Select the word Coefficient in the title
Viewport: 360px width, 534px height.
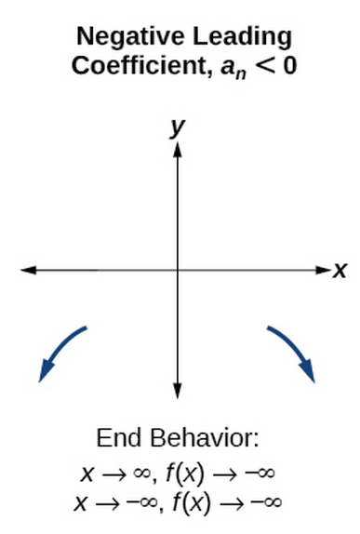point(131,68)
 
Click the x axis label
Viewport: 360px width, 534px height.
point(340,271)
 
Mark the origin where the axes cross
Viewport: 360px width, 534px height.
point(177,270)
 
